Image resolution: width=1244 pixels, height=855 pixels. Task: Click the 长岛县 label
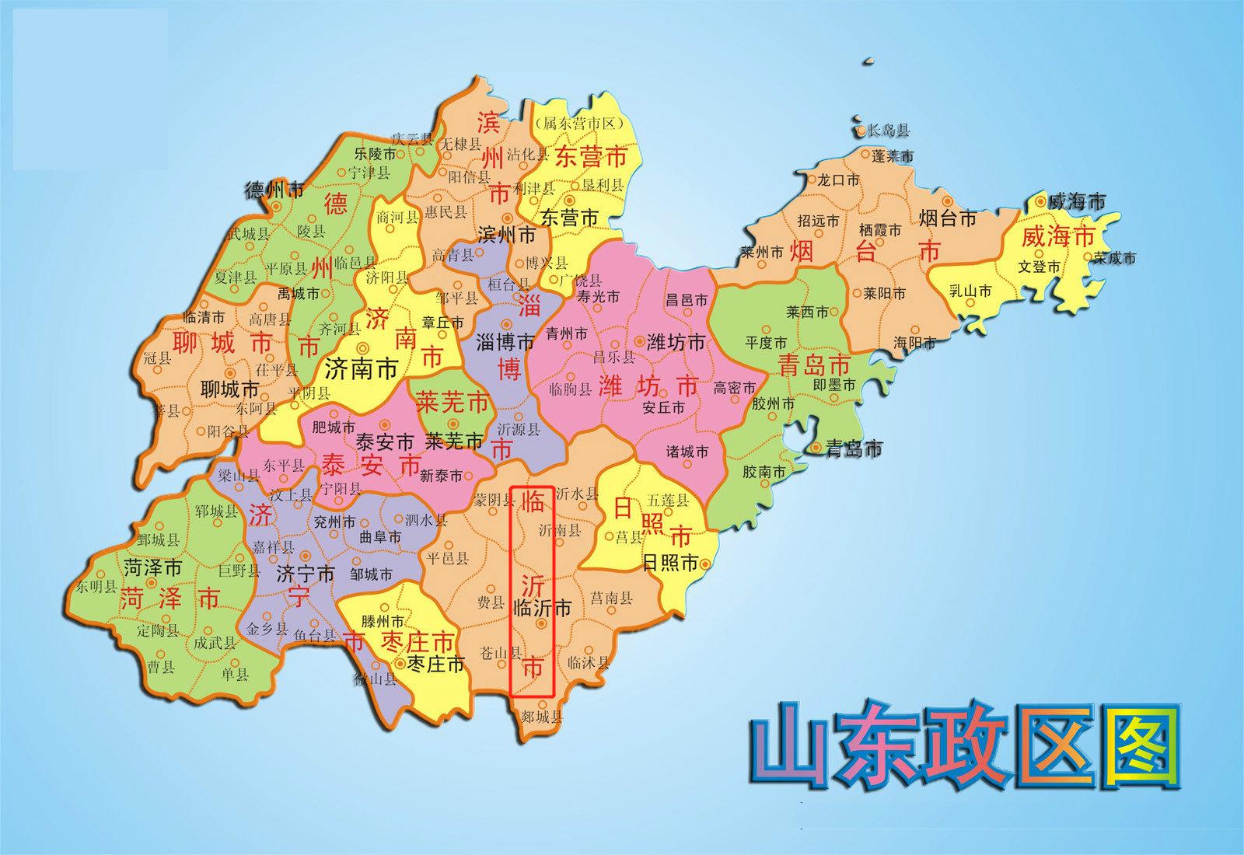pos(889,131)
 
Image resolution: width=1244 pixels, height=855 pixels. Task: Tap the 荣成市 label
pos(1113,257)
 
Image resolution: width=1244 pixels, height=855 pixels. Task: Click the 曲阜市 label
pos(381,536)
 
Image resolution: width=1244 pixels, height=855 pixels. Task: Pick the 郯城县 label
pos(542,716)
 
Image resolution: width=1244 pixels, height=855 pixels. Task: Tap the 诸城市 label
pos(687,452)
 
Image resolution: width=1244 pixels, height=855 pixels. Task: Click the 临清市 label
pos(204,317)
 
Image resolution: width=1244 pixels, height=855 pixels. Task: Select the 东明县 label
pos(96,587)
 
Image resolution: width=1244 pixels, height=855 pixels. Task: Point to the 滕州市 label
pos(383,621)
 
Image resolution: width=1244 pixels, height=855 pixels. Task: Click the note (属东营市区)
pos(581,123)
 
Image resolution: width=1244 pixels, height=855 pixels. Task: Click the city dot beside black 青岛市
pos(816,448)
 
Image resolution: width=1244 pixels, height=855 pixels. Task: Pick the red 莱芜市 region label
pos(453,402)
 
